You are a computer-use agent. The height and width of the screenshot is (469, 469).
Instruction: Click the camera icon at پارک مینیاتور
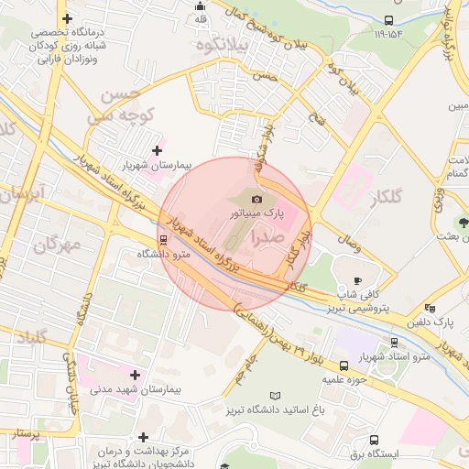pos(257,199)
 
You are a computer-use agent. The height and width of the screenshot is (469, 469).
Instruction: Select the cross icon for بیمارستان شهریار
pos(157,150)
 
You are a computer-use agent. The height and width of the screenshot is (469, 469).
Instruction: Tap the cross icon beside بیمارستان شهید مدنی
pos(136,375)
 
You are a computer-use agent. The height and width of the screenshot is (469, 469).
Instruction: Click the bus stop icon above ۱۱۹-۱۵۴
pos(388,20)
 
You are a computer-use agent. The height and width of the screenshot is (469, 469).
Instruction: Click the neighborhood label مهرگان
pos(56,245)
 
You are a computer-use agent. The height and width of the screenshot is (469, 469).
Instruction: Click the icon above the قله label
pos(201,5)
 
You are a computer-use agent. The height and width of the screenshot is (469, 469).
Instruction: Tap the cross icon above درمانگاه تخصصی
pos(65,19)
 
